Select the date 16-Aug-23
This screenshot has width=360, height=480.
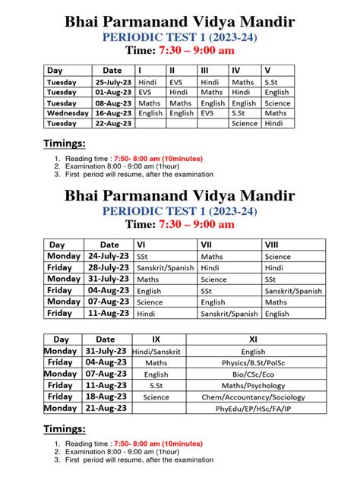coord(112,112)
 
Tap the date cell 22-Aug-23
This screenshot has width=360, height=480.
coord(112,123)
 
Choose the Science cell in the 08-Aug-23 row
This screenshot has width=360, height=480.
coord(277,103)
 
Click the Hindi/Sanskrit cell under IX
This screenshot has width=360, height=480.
coord(156,352)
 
